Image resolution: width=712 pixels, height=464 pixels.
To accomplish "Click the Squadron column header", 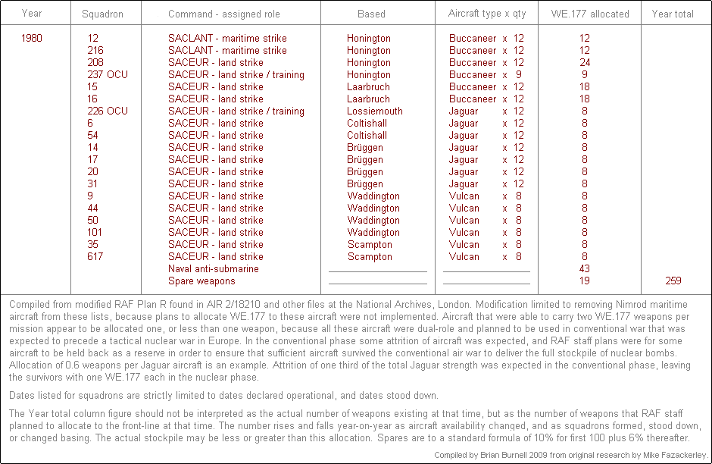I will [102, 14].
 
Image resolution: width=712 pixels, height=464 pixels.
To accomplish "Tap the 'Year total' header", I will [673, 14].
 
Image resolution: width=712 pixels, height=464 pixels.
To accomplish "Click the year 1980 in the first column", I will [32, 38].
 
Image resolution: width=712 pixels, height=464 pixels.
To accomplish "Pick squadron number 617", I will [95, 256].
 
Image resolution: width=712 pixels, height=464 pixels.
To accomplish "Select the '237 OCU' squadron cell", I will [108, 74].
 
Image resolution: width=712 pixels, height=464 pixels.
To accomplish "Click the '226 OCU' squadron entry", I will [108, 111].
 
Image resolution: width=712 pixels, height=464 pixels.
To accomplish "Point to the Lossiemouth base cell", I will [374, 111].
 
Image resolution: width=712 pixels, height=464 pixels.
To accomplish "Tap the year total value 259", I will [673, 281].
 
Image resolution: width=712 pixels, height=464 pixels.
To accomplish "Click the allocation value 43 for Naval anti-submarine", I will [584, 268].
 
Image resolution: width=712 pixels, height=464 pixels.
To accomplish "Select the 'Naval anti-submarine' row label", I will [214, 268].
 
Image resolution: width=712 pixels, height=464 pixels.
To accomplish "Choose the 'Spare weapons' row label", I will [201, 281].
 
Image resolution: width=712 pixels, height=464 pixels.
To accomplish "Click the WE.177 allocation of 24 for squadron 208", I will [584, 62].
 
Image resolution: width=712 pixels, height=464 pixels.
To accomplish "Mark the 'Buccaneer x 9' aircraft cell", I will [486, 74].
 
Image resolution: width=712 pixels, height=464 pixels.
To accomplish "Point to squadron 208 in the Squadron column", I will [95, 62].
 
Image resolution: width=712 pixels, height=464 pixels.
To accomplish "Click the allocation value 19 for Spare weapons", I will [584, 281].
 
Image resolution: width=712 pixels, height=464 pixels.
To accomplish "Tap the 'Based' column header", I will [371, 14].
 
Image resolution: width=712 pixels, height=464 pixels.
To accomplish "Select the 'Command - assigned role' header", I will [223, 14].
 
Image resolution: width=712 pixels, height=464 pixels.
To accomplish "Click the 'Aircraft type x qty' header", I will [487, 14].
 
